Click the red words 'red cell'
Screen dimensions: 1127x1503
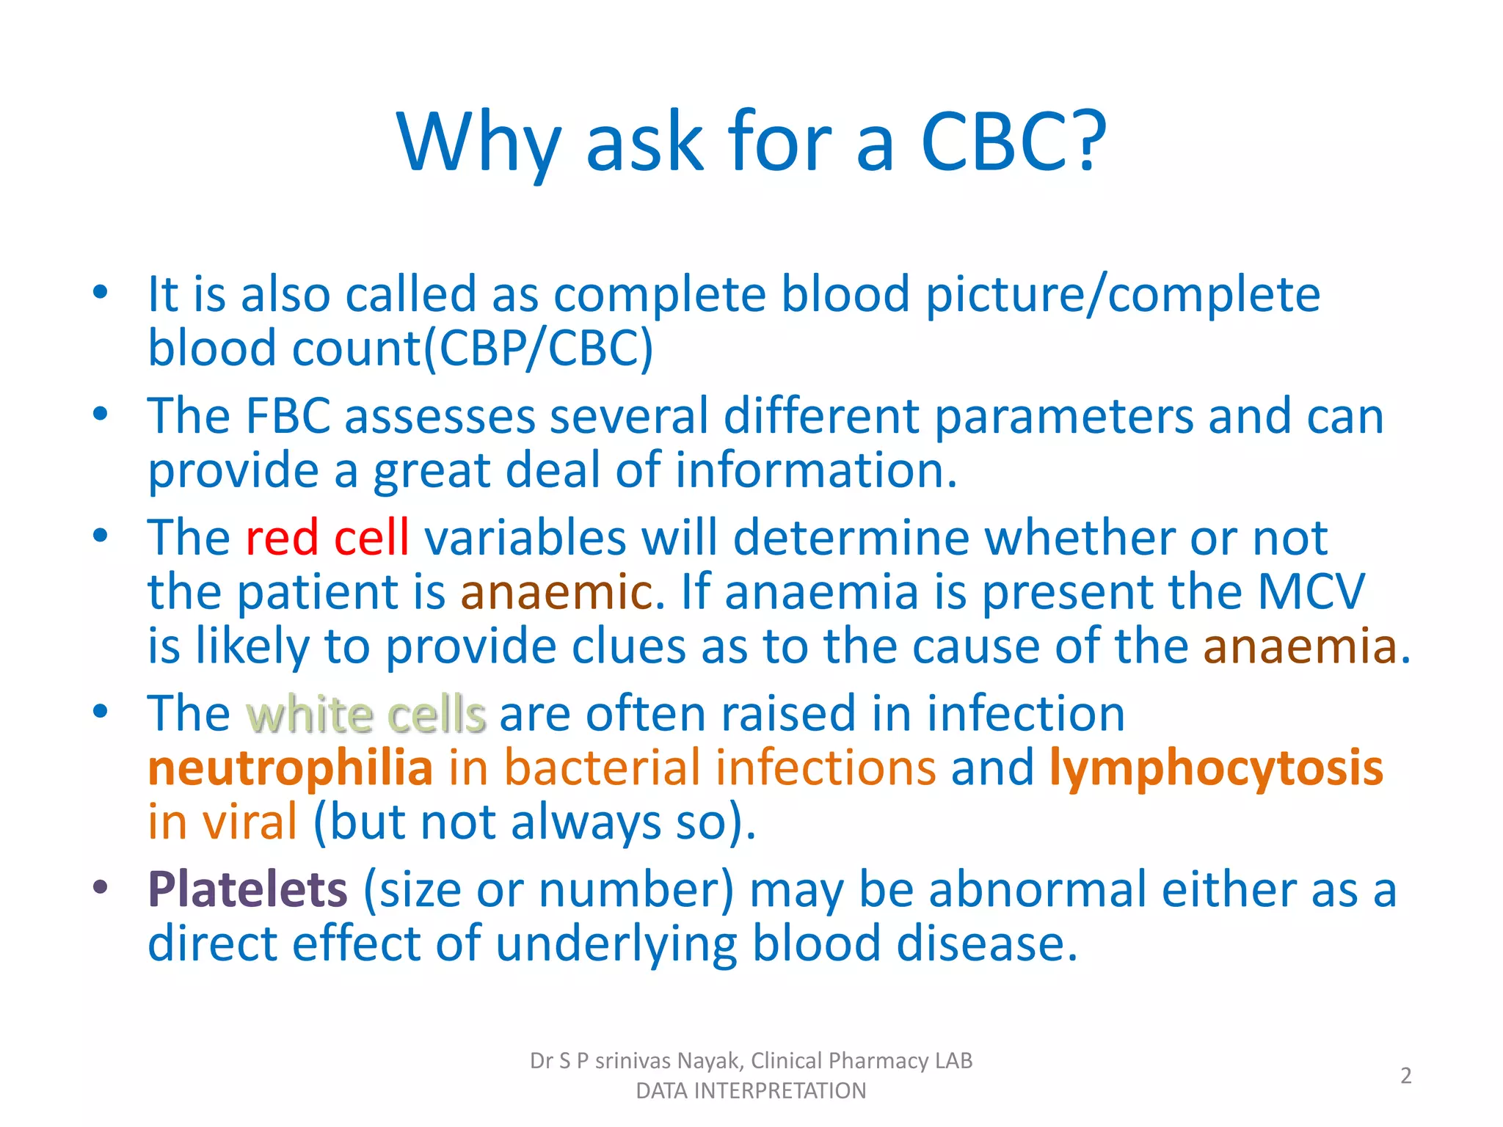[x=327, y=537]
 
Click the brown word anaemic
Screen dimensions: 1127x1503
[x=556, y=591]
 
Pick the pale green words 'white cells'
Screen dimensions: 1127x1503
[x=365, y=714]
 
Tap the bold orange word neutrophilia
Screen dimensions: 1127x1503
[x=290, y=768]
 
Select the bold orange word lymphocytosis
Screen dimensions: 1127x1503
[x=1216, y=768]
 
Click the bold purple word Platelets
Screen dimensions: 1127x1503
[x=247, y=889]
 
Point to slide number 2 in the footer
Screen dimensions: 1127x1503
[x=1405, y=1076]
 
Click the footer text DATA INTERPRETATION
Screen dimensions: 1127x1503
[x=751, y=1091]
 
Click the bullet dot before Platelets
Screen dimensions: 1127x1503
[x=101, y=888]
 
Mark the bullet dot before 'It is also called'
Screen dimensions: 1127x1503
[x=101, y=293]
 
